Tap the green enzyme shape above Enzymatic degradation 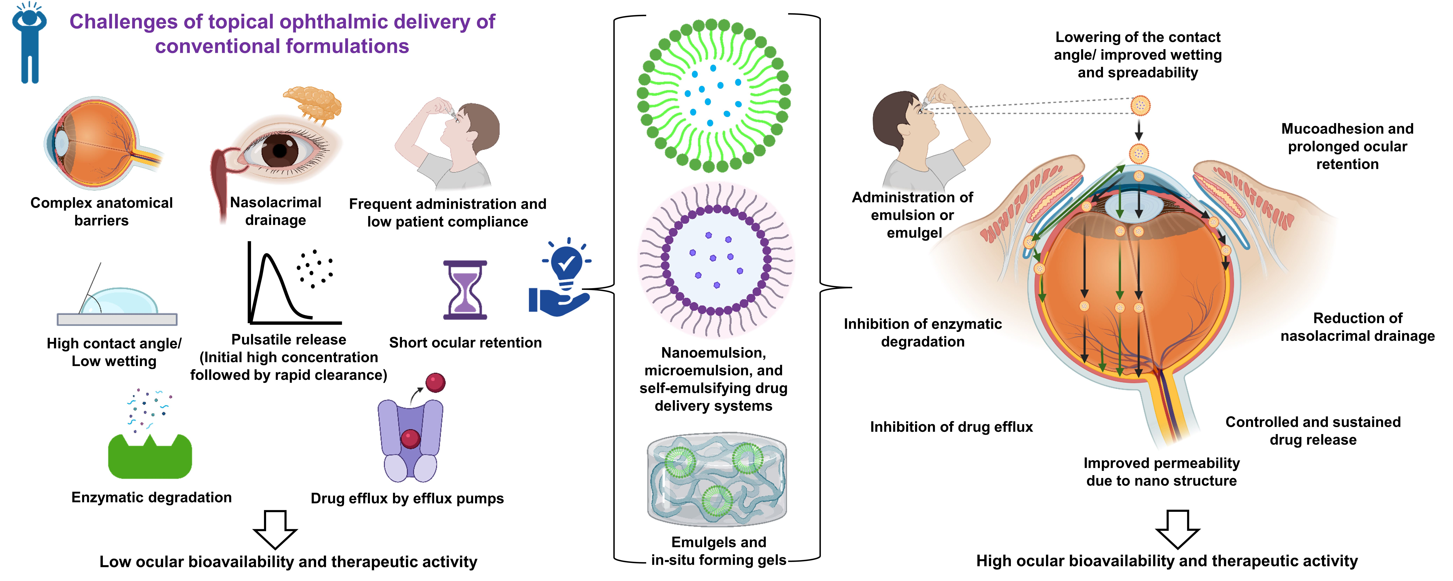(150, 457)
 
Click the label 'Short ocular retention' (465, 342)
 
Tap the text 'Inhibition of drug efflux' (951, 427)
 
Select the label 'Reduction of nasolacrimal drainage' (1357, 327)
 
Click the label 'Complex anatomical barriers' (102, 211)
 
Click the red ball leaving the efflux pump (435, 382)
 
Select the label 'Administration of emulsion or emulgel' (913, 215)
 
